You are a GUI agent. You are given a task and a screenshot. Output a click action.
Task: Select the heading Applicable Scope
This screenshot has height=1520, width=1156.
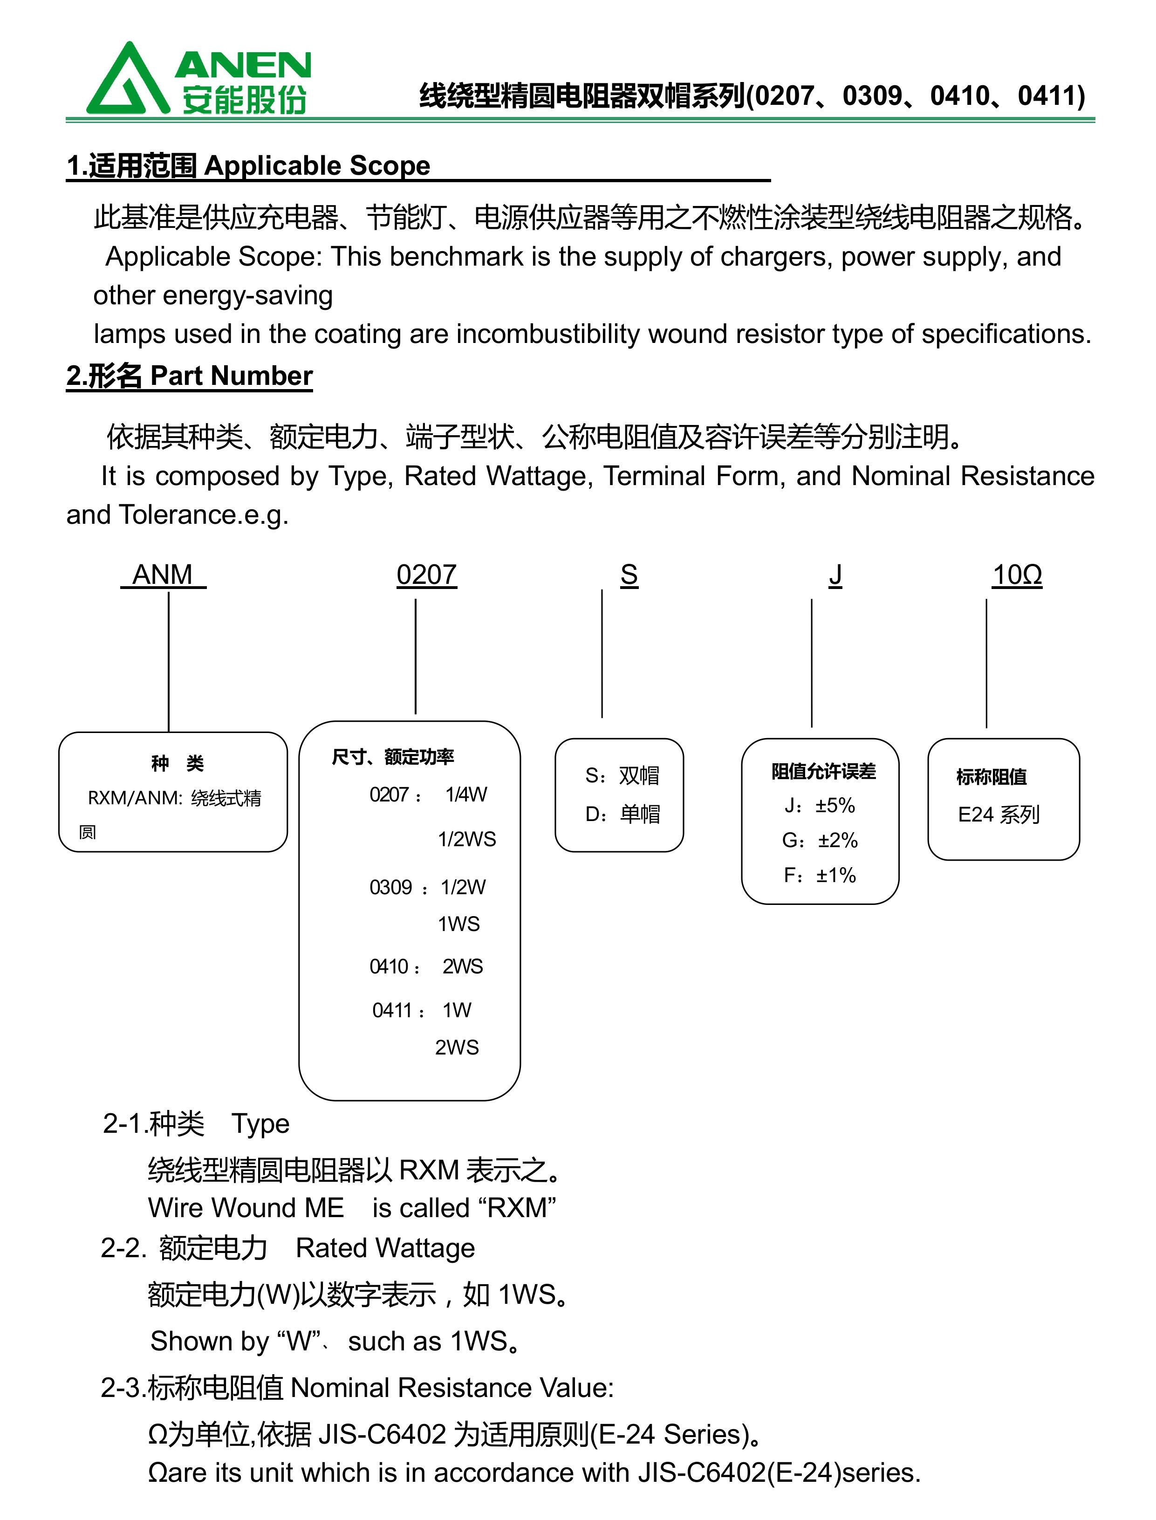(317, 166)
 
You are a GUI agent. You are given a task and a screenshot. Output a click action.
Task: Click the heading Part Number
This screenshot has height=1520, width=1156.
(231, 376)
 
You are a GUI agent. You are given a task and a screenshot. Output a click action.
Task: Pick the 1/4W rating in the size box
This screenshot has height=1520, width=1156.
(466, 795)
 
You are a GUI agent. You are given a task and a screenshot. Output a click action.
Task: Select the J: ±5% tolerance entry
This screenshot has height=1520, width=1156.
(820, 805)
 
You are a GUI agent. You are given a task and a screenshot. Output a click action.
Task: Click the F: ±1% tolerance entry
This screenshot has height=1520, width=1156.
(820, 875)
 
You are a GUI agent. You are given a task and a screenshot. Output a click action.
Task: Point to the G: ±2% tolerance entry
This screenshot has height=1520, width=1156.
(820, 840)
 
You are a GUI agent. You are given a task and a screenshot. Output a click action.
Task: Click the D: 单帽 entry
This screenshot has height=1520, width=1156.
(622, 814)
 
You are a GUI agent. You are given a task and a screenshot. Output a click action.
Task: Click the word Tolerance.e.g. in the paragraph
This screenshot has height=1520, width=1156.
(204, 515)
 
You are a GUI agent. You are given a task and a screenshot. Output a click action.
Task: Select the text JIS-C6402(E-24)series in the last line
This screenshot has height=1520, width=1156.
(779, 1472)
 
